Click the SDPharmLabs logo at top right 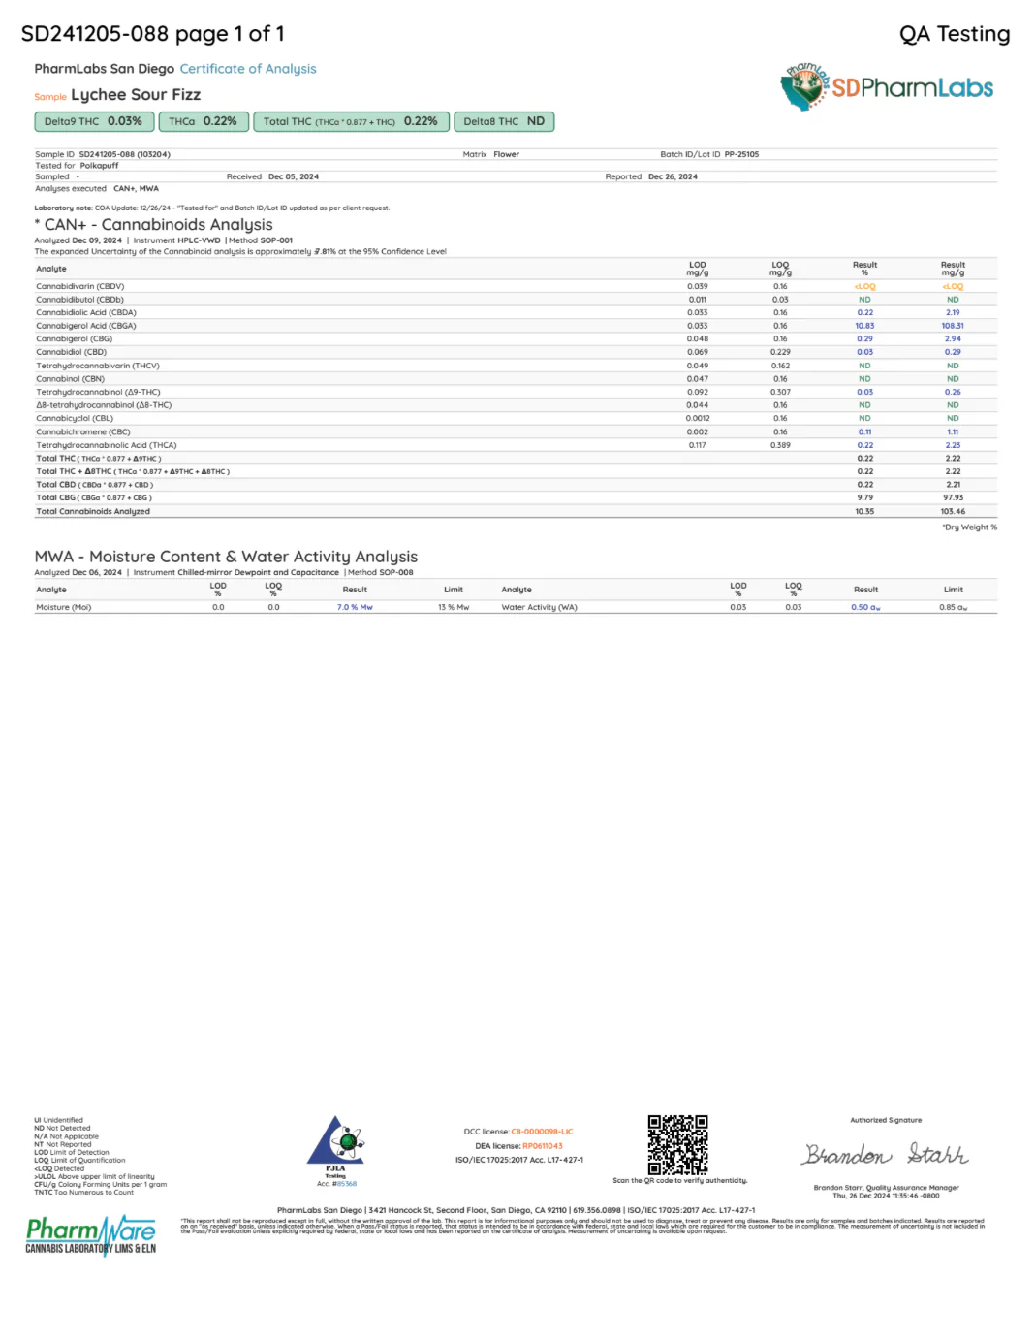pyautogui.click(x=887, y=87)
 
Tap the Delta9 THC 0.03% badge pyautogui.click(x=93, y=121)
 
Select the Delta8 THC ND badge pyautogui.click(x=504, y=121)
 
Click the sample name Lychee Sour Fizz pyautogui.click(x=136, y=95)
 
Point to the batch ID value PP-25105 pyautogui.click(x=741, y=154)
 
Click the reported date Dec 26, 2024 pyautogui.click(x=673, y=176)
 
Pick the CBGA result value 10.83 pyautogui.click(x=864, y=326)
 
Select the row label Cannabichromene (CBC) pyautogui.click(x=83, y=431)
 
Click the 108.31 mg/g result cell pyautogui.click(x=953, y=326)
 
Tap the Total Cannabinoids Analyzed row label pyautogui.click(x=93, y=511)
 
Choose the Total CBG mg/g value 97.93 pyautogui.click(x=953, y=497)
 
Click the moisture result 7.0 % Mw pyautogui.click(x=355, y=607)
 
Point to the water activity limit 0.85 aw pyautogui.click(x=953, y=607)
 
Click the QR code pyautogui.click(x=677, y=1144)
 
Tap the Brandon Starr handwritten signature pyautogui.click(x=885, y=1154)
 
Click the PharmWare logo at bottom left pyautogui.click(x=91, y=1235)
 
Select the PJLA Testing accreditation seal pyautogui.click(x=335, y=1147)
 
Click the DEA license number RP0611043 pyautogui.click(x=543, y=1146)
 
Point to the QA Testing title pyautogui.click(x=955, y=34)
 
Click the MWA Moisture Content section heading pyautogui.click(x=226, y=557)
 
